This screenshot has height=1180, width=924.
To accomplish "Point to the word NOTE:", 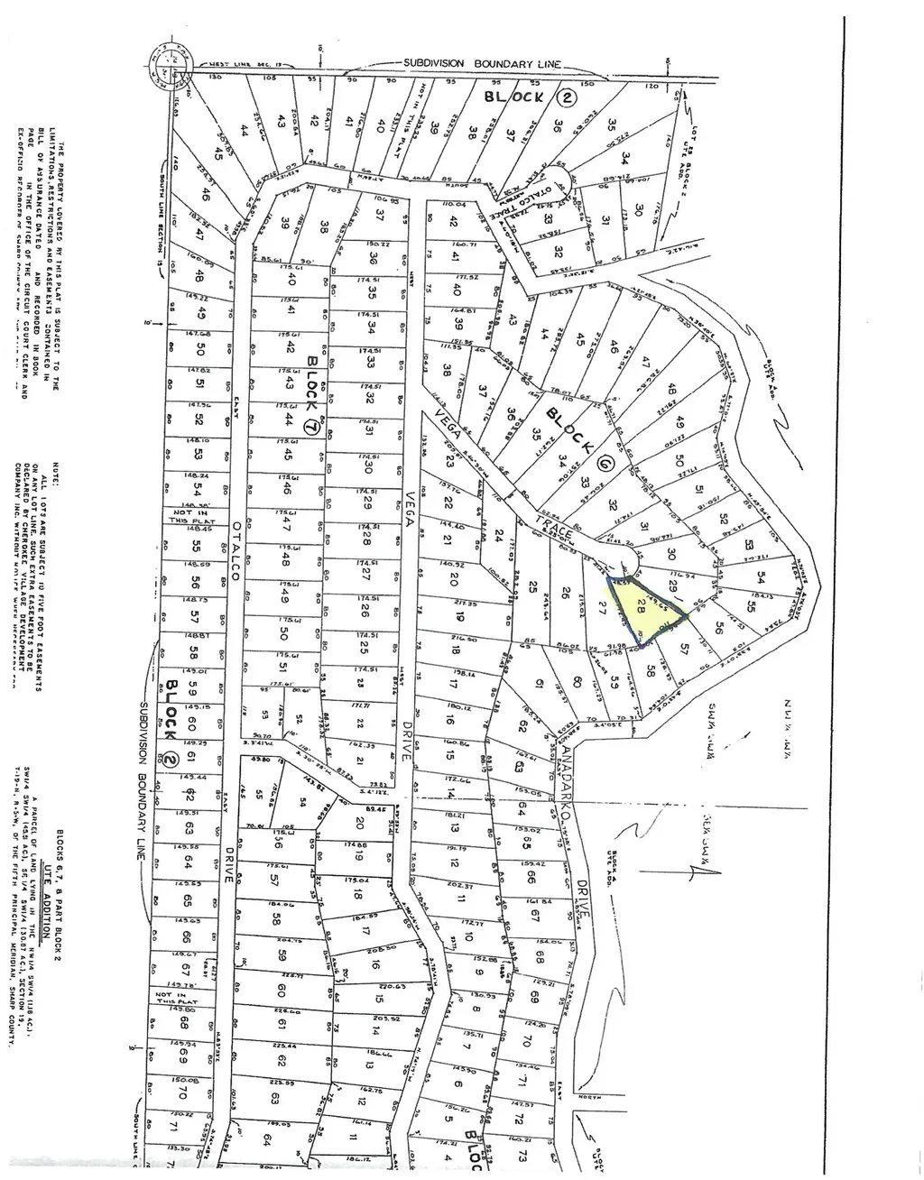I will tap(56, 476).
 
